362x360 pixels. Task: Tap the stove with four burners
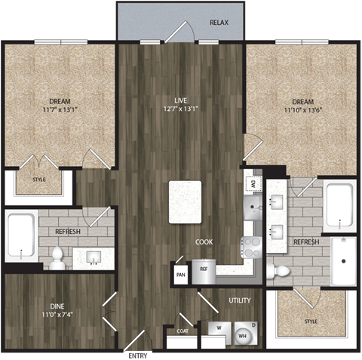point(250,246)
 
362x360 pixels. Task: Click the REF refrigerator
point(204,270)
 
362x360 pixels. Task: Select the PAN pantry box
point(180,272)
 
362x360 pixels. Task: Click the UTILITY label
point(239,300)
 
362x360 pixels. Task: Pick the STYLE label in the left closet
point(38,180)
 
